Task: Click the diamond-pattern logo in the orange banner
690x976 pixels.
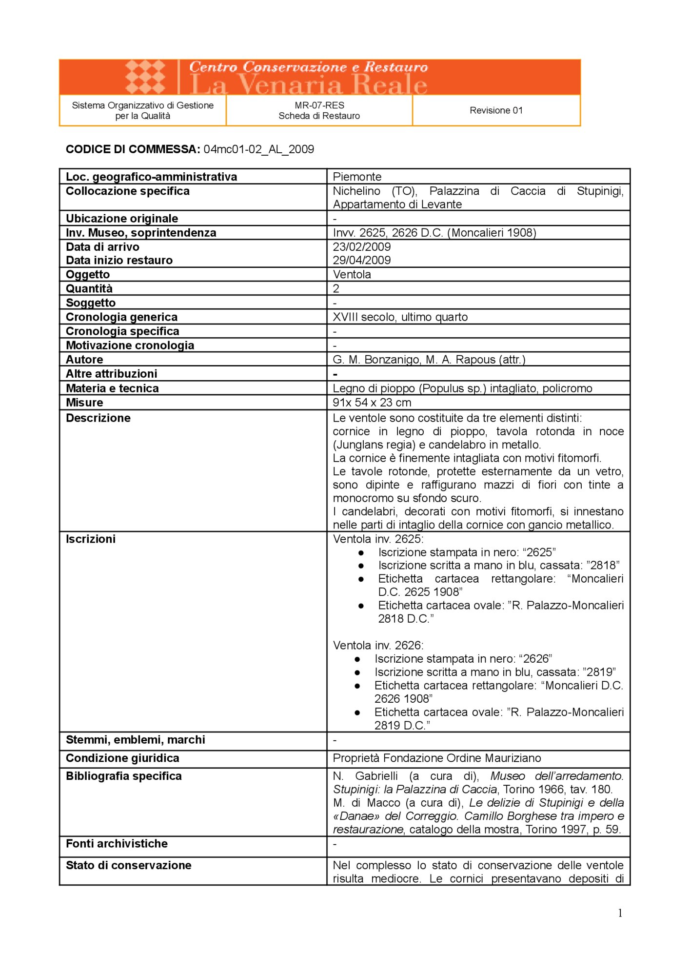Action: [x=145, y=77]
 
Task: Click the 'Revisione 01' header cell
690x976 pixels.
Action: [x=496, y=111]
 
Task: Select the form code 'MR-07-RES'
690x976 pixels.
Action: [x=319, y=105]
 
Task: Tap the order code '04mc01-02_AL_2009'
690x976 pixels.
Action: [x=258, y=149]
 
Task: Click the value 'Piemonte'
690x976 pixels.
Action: [x=357, y=177]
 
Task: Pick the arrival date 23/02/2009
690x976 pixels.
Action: [x=362, y=247]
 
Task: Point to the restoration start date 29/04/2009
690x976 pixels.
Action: [x=362, y=260]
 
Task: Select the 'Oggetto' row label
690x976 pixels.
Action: [x=88, y=274]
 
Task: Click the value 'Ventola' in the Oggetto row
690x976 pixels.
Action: [x=352, y=274]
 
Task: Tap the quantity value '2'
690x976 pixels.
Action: [x=336, y=288]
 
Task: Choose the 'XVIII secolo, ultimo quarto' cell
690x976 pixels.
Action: [x=400, y=317]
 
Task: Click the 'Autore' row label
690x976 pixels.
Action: [x=84, y=360]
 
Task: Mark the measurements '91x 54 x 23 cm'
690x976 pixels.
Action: [x=372, y=403]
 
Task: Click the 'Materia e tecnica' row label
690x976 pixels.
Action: [x=112, y=388]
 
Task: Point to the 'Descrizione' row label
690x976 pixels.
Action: [x=98, y=418]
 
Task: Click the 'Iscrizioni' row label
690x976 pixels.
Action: [x=91, y=539]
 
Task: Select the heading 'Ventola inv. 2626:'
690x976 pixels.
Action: [x=378, y=646]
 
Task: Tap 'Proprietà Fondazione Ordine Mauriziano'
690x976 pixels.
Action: [x=436, y=758]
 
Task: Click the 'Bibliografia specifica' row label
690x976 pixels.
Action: [x=123, y=776]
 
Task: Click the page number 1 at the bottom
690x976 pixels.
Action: [x=620, y=914]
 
